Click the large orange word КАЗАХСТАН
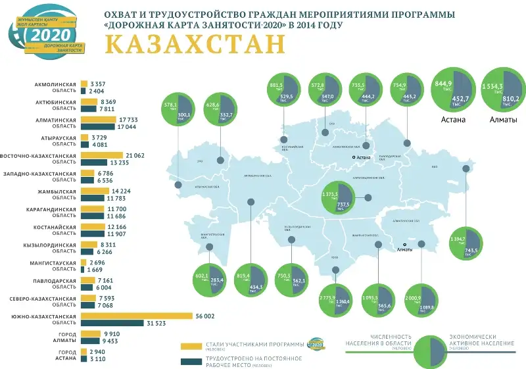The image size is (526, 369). tap(195, 45)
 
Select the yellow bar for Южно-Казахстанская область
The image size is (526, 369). tap(136, 316)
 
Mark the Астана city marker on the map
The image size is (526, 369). tap(353, 157)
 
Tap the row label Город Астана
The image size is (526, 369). tap(59, 356)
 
